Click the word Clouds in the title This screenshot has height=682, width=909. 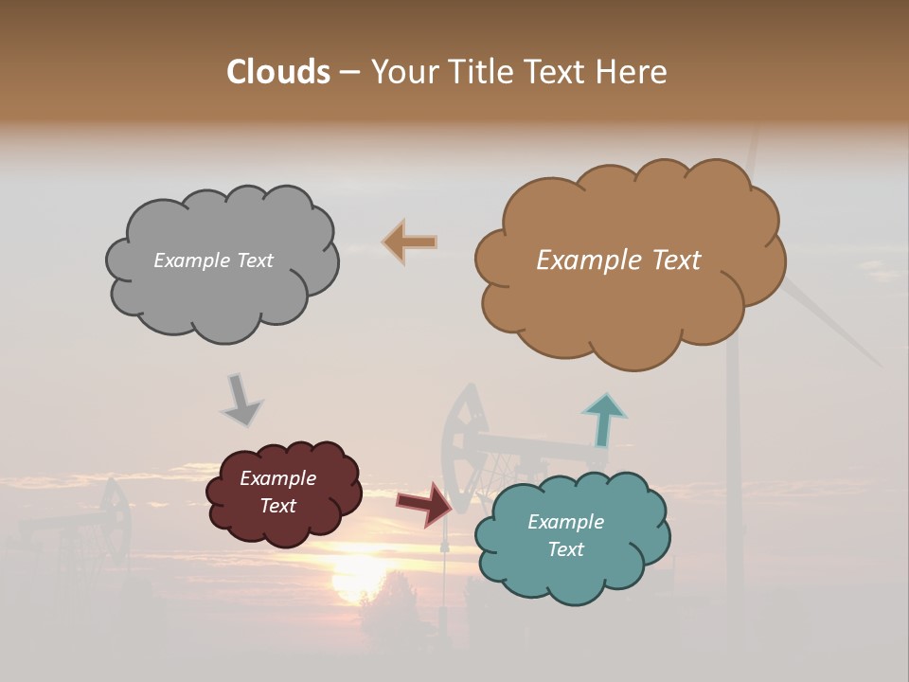[x=277, y=72]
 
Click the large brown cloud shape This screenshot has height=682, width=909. [x=629, y=303]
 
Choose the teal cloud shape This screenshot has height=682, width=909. [x=572, y=568]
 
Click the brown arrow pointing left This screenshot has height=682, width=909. [x=410, y=242]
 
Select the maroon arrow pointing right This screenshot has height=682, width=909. [x=425, y=504]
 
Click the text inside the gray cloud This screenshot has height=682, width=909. [x=213, y=260]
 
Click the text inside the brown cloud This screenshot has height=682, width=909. [x=618, y=260]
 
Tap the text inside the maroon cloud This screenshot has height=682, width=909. [x=277, y=492]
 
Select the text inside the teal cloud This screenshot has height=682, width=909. [x=565, y=535]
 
